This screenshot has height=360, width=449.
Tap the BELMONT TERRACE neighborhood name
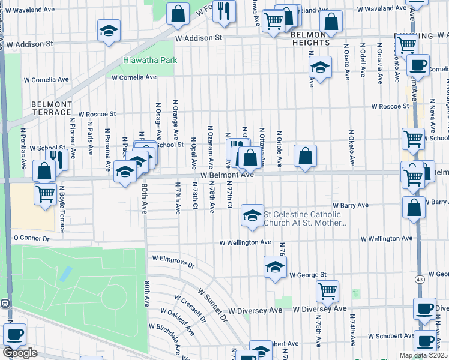(x=51, y=108)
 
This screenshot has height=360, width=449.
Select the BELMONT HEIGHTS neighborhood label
(x=310, y=38)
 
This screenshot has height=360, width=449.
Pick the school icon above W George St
(x=275, y=268)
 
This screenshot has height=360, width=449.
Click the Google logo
(x=20, y=352)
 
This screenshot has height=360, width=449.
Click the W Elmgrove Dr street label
(x=173, y=261)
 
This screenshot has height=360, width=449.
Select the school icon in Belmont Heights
(x=321, y=68)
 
